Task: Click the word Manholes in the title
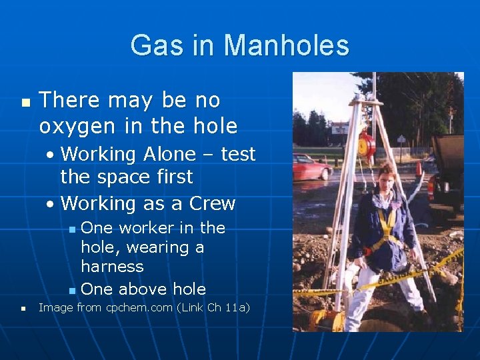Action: click(x=286, y=46)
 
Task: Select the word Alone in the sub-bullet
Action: click(x=167, y=154)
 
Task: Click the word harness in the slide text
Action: click(x=112, y=267)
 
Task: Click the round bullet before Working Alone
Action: click(x=51, y=155)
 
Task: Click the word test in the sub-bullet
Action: click(x=238, y=154)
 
